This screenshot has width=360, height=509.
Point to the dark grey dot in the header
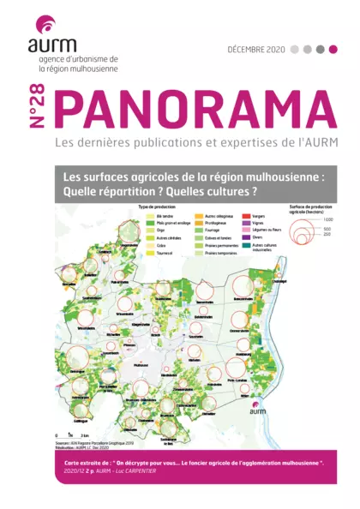(320, 50)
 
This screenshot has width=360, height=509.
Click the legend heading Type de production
(155, 209)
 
